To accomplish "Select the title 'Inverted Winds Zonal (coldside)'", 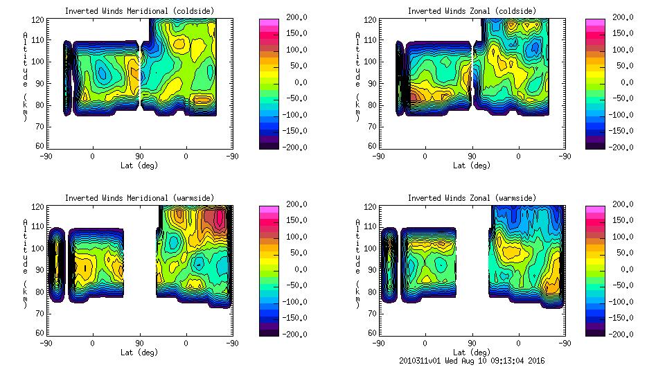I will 472,11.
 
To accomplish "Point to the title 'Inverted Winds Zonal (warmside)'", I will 472,198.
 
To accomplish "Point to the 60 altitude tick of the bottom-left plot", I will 41,333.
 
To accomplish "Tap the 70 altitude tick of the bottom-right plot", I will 373,312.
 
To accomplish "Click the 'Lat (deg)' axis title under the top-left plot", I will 139,166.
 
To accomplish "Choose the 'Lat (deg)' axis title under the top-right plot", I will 472,166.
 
